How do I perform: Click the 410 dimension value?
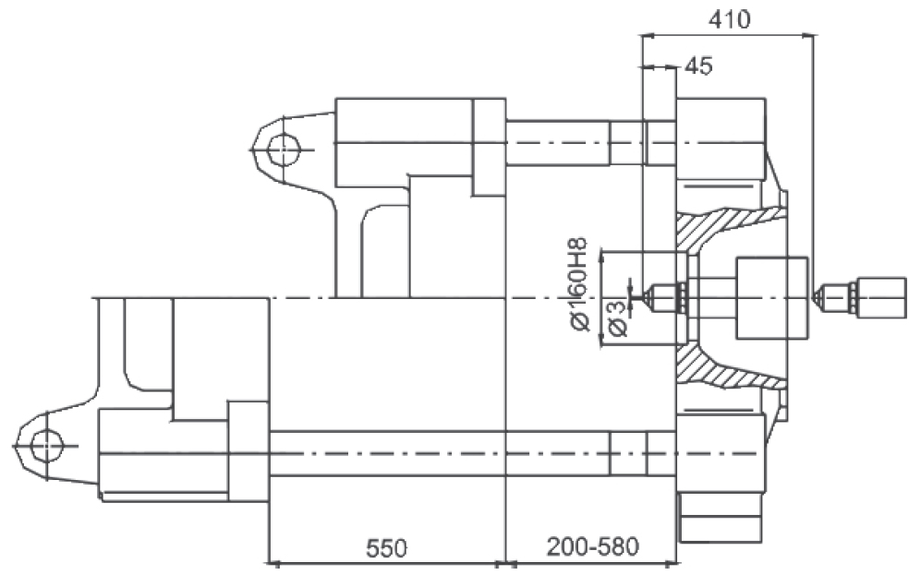[x=729, y=20]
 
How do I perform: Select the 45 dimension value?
[x=698, y=66]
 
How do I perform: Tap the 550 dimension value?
[x=386, y=548]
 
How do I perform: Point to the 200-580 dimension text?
[x=592, y=546]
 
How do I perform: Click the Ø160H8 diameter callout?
[x=578, y=284]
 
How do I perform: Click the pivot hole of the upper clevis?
[x=283, y=149]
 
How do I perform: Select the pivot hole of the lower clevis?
[x=46, y=446]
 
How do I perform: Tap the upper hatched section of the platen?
[x=725, y=226]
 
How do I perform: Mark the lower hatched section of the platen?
[x=725, y=366]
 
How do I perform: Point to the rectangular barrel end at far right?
[x=881, y=298]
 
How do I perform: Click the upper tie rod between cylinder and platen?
[x=557, y=142]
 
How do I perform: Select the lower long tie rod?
[x=440, y=453]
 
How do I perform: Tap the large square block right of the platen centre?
[x=771, y=298]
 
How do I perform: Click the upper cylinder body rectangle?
[x=404, y=142]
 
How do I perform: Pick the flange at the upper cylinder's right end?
[x=490, y=147]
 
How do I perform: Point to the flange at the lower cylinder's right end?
[x=248, y=451]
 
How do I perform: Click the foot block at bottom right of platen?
[x=721, y=518]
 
